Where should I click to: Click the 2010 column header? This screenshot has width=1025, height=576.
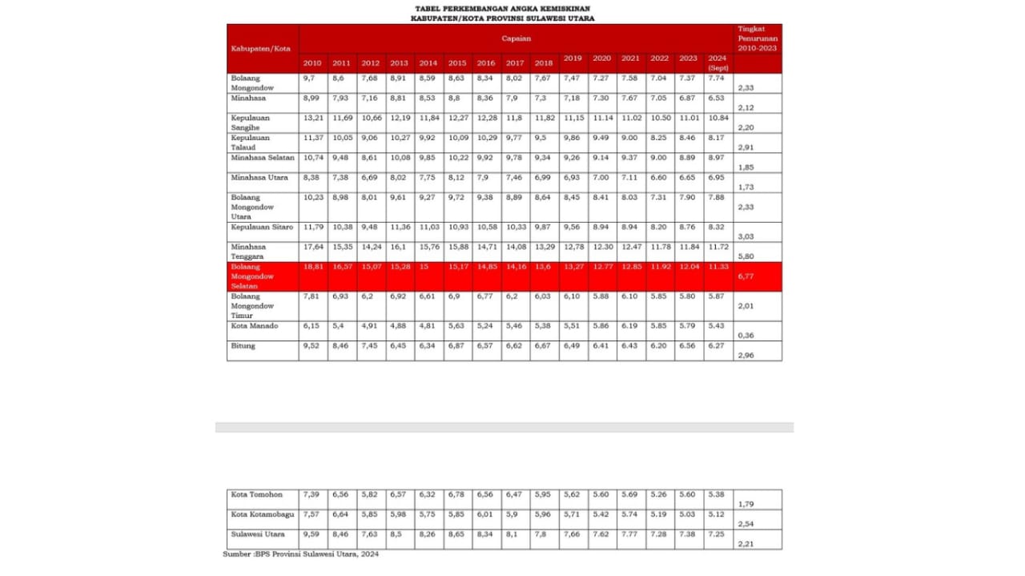(312, 63)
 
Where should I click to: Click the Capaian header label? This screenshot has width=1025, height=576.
(517, 38)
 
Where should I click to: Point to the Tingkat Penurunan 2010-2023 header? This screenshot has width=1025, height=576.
(757, 38)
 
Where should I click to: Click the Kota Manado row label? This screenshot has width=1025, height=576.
(255, 326)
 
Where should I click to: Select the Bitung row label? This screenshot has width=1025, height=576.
(243, 346)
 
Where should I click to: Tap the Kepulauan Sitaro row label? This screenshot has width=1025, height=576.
(262, 228)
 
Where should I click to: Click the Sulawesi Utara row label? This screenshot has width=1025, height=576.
(258, 534)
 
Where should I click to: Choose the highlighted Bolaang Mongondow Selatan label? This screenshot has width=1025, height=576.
(252, 276)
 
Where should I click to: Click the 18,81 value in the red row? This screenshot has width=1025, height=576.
(312, 267)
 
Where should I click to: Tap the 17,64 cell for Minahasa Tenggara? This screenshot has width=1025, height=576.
(312, 247)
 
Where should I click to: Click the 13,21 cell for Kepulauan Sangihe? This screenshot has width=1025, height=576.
(312, 118)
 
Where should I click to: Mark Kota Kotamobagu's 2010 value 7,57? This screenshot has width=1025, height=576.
(312, 514)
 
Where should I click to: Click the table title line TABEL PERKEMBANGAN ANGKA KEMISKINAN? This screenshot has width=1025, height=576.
(502, 8)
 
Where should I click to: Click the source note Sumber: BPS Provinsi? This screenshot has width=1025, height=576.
(301, 554)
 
